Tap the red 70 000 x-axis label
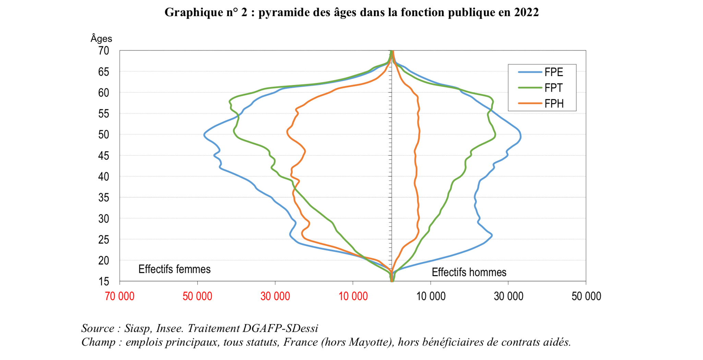pos(120,296)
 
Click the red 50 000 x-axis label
pos(197,296)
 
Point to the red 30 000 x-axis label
pos(275,296)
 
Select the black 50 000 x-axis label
pos(586,296)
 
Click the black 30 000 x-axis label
pos(508,296)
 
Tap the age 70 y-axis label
pos(104,51)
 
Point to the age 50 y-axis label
pos(104,135)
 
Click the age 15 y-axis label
pos(104,282)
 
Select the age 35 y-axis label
pos(104,198)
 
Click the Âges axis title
pos(101,38)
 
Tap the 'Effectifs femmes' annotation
pos(174,269)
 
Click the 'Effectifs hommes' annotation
pos(469,272)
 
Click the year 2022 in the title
pos(526,12)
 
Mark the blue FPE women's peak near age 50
pos(204,135)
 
